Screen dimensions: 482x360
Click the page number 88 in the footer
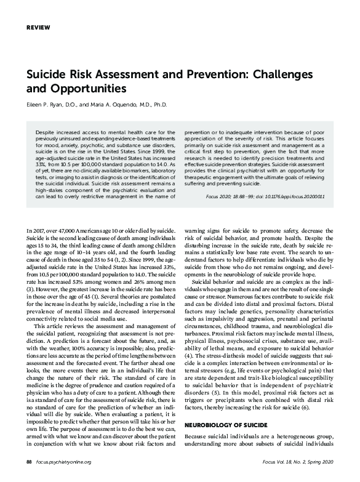(x=29, y=461)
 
